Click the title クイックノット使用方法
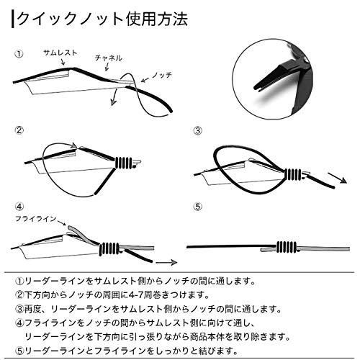(103, 19)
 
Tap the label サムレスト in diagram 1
(60, 53)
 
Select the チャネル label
(109, 58)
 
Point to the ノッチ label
(161, 75)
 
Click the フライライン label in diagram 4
(35, 219)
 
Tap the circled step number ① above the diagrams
(19, 54)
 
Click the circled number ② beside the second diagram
(19, 130)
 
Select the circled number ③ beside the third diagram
(198, 130)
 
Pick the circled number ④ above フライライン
(19, 207)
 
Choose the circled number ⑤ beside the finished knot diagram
(198, 207)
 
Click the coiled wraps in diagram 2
(124, 163)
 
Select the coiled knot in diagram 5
(287, 246)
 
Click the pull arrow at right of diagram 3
(337, 178)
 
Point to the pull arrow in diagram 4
(166, 262)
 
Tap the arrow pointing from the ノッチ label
(146, 79)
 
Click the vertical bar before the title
(12, 19)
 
